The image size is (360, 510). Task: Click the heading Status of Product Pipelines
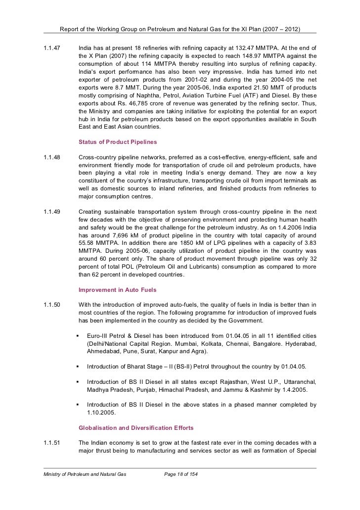coord(118,142)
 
